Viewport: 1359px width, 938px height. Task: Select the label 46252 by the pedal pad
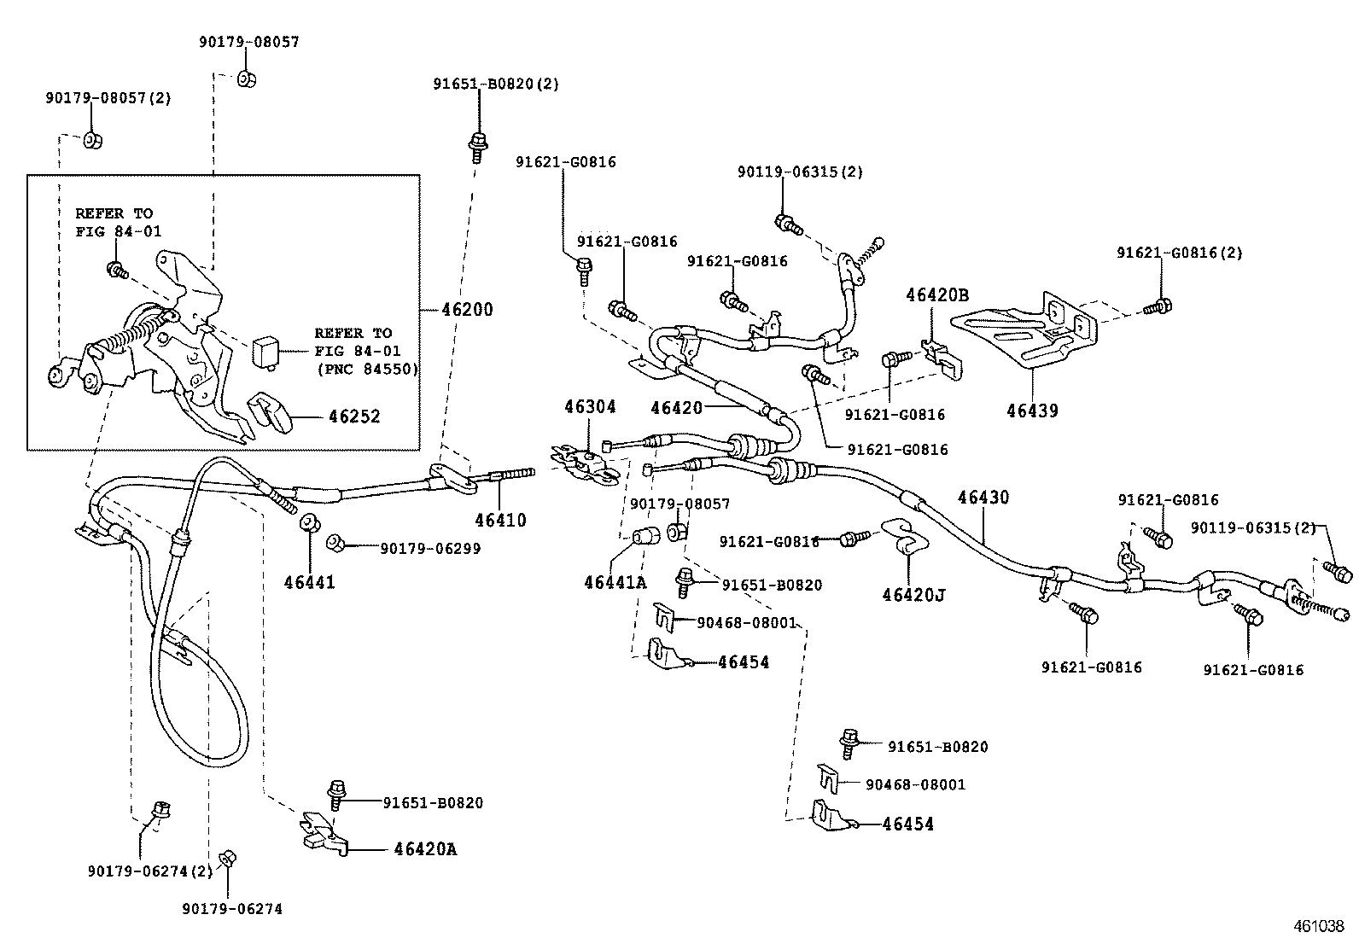[353, 417]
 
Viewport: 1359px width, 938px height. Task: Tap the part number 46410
[501, 520]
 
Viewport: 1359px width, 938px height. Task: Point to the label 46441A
[615, 583]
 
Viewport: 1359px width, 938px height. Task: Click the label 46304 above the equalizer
[589, 408]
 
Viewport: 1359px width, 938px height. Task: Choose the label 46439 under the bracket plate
[1031, 411]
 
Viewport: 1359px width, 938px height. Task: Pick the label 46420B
[936, 295]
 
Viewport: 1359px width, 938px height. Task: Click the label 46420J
[913, 595]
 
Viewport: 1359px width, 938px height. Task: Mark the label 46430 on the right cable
[983, 498]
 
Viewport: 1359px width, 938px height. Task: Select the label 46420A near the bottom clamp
[424, 849]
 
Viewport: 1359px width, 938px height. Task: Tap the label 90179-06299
[430, 549]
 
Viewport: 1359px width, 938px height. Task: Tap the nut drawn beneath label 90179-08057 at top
[246, 79]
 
